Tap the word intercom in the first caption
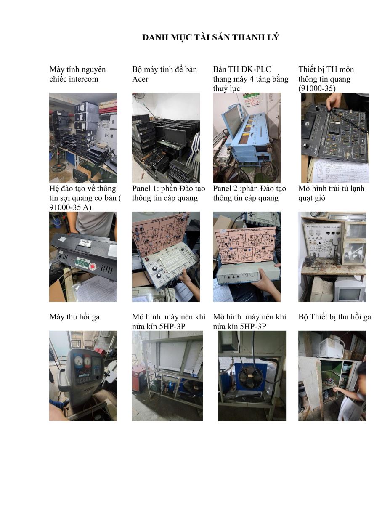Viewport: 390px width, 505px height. pyautogui.click(x=84, y=79)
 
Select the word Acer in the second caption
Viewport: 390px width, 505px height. pyautogui.click(x=140, y=79)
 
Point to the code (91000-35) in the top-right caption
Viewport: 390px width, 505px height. pyautogui.click(x=317, y=88)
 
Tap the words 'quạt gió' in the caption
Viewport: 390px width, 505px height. pyautogui.click(x=312, y=198)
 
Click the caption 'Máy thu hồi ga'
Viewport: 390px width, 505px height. pyautogui.click(x=74, y=317)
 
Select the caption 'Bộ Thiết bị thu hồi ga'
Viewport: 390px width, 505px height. pyautogui.click(x=335, y=317)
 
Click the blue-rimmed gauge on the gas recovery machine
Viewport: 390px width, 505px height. pyautogui.click(x=78, y=361)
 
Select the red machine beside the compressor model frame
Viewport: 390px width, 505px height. pyautogui.click(x=139, y=379)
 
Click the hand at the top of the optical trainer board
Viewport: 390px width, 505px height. pyautogui.click(x=334, y=101)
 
